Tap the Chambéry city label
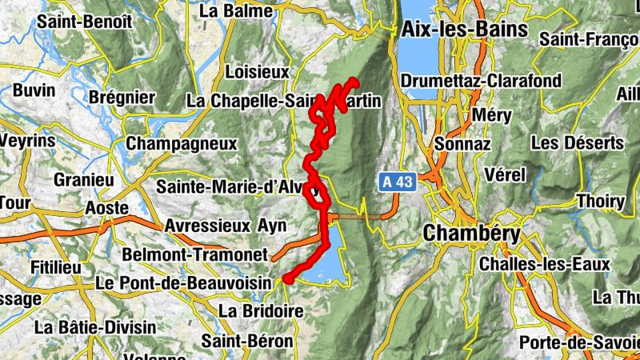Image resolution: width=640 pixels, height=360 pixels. (471, 234)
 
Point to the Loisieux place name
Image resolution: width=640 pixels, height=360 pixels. (257, 72)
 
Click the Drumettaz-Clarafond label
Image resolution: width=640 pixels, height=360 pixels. (481, 82)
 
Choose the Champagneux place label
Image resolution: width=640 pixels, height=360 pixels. (182, 144)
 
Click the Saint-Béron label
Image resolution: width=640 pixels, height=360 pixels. (247, 342)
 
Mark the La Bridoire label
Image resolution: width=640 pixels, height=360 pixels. (261, 310)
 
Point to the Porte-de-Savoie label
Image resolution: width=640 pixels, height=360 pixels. (578, 343)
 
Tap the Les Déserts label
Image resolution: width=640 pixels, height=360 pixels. (577, 143)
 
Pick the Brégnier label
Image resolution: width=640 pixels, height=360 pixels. (122, 97)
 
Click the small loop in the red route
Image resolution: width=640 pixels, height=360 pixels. (317, 193)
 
